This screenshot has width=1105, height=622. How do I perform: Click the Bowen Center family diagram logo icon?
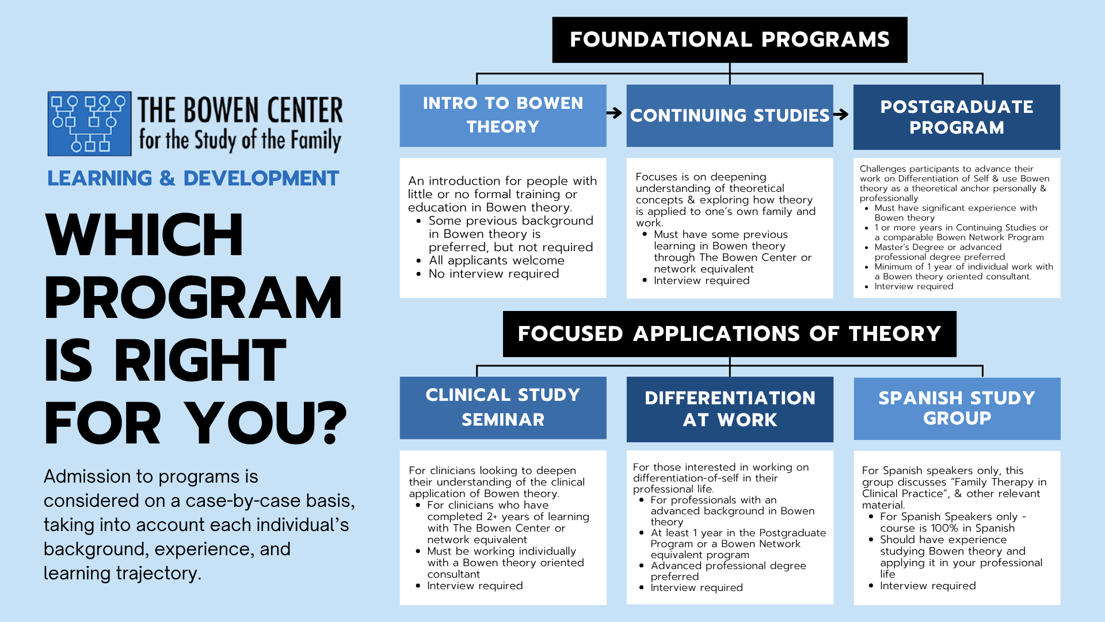89,123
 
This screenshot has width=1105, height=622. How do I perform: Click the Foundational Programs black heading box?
729,40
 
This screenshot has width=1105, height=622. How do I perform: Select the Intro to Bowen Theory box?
502,115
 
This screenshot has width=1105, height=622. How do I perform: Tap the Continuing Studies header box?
729,115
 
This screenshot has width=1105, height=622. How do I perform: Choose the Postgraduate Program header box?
956,117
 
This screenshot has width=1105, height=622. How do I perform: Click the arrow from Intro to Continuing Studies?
615,113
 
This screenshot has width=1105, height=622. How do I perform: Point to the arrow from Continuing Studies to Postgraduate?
841,115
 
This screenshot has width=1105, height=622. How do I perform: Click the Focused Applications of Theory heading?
729,334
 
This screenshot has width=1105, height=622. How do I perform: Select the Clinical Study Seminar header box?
502,407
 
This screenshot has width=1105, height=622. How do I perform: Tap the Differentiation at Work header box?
729,409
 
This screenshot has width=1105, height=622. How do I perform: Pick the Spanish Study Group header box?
957,408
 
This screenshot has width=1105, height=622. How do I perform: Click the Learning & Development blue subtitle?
193,179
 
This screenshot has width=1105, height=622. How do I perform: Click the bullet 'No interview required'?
493,274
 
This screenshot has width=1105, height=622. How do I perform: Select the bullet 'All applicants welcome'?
496,261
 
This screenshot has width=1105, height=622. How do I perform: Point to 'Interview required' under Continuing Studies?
701,281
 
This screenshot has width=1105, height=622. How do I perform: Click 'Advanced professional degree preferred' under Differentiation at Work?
728,571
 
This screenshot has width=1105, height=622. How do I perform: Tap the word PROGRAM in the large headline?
193,298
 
